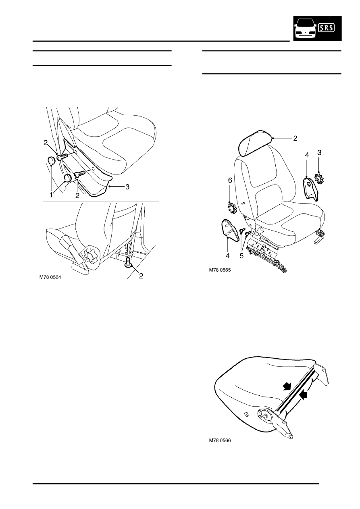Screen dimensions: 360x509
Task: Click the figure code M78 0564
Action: tap(50, 277)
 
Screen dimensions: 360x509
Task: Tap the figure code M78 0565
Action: tap(220, 270)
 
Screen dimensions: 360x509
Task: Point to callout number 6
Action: tap(230, 181)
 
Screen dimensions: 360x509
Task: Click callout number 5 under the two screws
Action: tap(241, 256)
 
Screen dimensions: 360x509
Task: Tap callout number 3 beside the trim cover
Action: tap(127, 187)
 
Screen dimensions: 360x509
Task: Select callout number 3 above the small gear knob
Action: tap(319, 153)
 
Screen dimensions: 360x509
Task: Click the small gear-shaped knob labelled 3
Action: tap(320, 179)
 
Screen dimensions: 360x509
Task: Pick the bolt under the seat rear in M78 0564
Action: tap(129, 262)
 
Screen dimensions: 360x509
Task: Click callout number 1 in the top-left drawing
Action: tap(51, 195)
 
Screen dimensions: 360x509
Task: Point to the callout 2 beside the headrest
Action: tap(295, 138)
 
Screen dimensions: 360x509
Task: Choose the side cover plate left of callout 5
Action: tap(229, 230)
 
